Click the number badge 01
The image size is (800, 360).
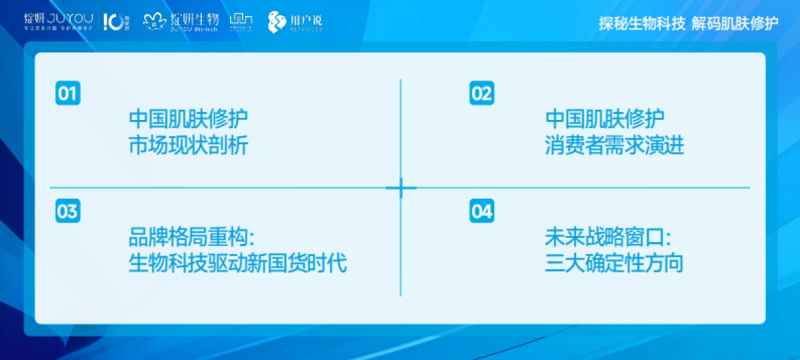67,93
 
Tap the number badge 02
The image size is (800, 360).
481,93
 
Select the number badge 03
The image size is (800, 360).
67,211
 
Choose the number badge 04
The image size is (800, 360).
481,211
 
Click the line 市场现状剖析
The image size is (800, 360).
188,145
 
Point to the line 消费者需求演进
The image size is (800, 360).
614,145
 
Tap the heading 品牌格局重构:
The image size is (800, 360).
193,237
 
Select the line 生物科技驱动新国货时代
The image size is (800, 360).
237,263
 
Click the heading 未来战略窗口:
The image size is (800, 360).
608,237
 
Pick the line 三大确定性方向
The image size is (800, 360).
614,263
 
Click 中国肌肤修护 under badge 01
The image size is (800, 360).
188,119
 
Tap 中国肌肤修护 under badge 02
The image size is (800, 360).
605,119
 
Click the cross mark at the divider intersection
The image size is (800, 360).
401,188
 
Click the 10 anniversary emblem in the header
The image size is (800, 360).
114,22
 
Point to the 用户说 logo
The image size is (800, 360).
295,22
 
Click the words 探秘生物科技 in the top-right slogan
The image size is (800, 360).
642,24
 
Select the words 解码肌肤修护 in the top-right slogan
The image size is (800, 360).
735,24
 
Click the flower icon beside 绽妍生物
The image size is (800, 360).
154,22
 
